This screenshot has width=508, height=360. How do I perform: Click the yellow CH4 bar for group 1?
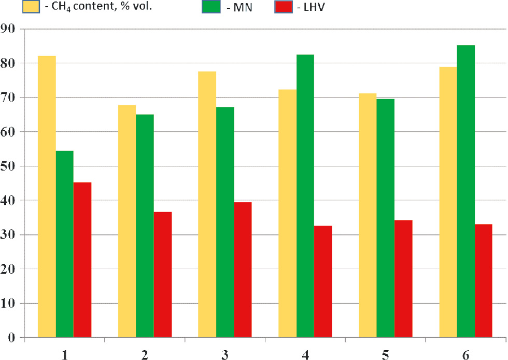(47, 197)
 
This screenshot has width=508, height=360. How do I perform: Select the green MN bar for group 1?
(65, 244)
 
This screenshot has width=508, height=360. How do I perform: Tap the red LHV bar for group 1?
(82, 259)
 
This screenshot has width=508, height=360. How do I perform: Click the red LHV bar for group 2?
(163, 274)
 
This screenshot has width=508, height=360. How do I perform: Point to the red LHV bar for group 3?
(243, 270)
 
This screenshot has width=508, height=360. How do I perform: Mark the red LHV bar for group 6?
(483, 281)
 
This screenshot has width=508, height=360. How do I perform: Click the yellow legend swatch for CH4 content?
(32, 8)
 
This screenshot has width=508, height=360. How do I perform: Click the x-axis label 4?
(305, 354)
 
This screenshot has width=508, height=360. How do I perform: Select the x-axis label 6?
(465, 354)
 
